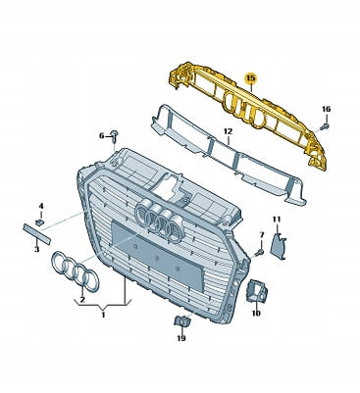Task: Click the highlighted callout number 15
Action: tap(251, 78)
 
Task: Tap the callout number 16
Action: tap(326, 109)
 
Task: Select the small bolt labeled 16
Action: tap(325, 125)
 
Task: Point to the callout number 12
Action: tap(228, 131)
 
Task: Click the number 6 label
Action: tap(101, 135)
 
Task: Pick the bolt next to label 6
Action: tap(114, 136)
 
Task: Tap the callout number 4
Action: tap(41, 206)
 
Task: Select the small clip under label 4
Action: tap(39, 222)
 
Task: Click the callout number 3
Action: tap(37, 250)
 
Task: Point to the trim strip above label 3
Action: tap(36, 233)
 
